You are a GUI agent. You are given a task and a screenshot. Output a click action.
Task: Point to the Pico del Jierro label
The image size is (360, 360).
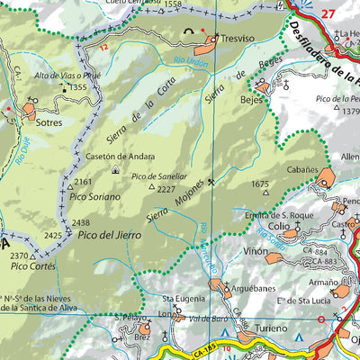coord(110,235)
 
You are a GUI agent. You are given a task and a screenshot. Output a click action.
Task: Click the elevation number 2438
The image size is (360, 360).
coord(81,223)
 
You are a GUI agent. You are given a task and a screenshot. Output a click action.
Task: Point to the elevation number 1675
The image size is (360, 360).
coord(261,184)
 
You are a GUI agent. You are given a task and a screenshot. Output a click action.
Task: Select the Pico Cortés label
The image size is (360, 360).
coord(27,267)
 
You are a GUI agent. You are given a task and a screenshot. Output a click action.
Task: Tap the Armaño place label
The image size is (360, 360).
coord(323,283)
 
